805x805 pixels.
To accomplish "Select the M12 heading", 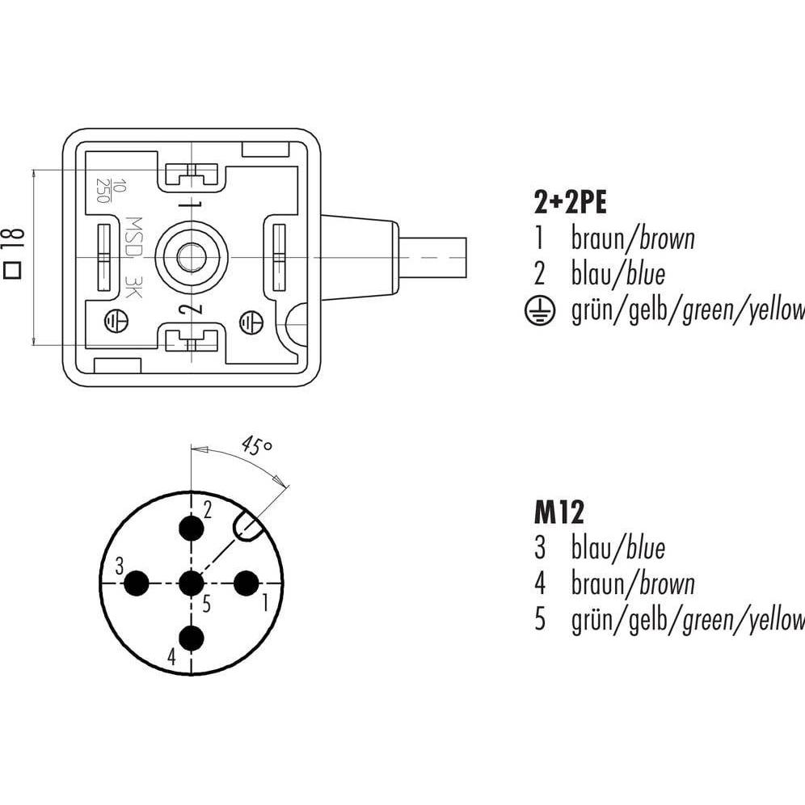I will click(x=558, y=512).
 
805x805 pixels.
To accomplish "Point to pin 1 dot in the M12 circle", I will click(x=246, y=583).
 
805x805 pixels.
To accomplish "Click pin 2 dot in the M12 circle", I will click(x=192, y=529).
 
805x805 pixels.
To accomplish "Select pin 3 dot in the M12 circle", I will click(x=137, y=583).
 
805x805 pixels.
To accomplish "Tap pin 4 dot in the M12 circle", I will click(x=192, y=638).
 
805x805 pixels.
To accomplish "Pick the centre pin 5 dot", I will click(x=192, y=583).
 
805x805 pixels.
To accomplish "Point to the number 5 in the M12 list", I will click(x=540, y=620).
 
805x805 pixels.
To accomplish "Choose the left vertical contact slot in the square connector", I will click(x=103, y=257).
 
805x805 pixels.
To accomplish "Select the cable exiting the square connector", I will click(x=432, y=257).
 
